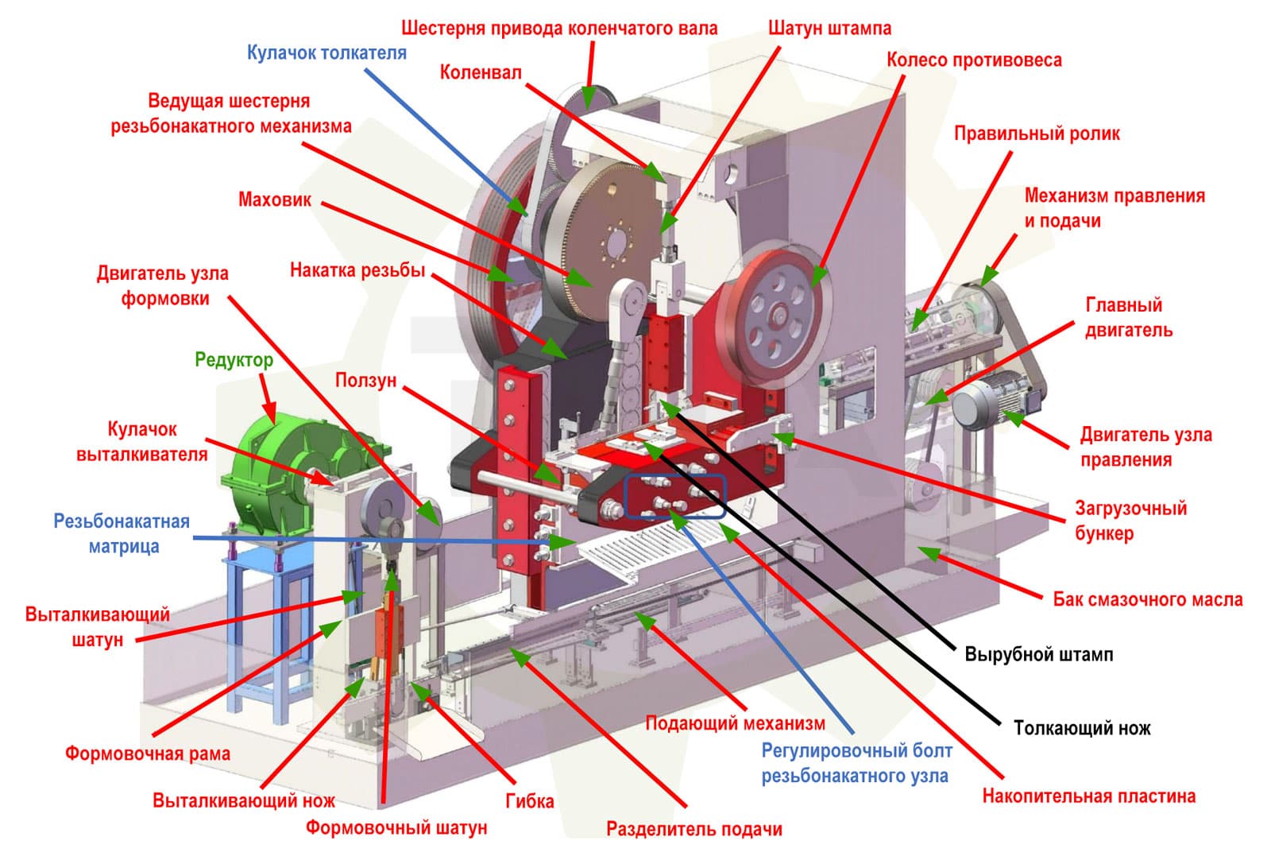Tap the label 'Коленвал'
click(x=481, y=72)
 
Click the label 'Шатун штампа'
click(x=829, y=28)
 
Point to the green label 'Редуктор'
click(x=234, y=360)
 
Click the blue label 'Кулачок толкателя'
click(x=326, y=52)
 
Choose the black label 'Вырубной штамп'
click(x=1039, y=654)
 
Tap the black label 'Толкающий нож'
click(x=1082, y=728)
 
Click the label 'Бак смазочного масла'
click(x=1148, y=599)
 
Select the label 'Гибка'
click(x=529, y=801)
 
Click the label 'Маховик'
click(x=275, y=200)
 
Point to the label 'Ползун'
click(x=365, y=381)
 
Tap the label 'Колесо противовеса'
click(x=974, y=60)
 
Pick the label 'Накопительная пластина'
click(x=1089, y=796)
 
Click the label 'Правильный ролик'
click(x=1037, y=134)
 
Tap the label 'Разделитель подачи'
click(x=694, y=829)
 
